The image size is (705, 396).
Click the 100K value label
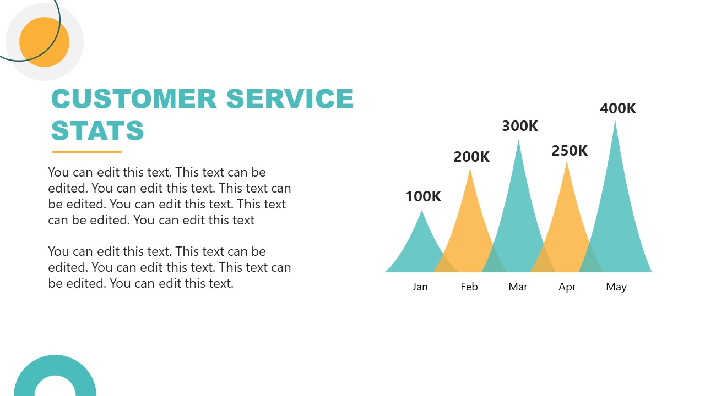pyautogui.click(x=424, y=196)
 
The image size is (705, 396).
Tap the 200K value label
pyautogui.click(x=471, y=157)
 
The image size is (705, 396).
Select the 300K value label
pyautogui.click(x=520, y=126)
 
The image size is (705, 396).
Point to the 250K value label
pyautogui.click(x=570, y=151)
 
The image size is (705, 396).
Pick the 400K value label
pyautogui.click(x=618, y=108)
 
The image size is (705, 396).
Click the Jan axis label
pyautogui.click(x=420, y=287)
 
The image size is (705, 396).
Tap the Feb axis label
pyautogui.click(x=469, y=287)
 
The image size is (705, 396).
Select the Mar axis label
pyautogui.click(x=518, y=287)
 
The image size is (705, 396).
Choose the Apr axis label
pyautogui.click(x=567, y=287)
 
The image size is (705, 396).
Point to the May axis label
pyautogui.click(x=616, y=287)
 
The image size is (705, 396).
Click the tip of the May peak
pyautogui.click(x=615, y=120)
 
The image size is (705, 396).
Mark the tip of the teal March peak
pyautogui.click(x=518, y=139)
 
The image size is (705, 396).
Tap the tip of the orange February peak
pyautogui.click(x=470, y=168)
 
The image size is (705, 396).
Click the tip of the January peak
pyautogui.click(x=422, y=210)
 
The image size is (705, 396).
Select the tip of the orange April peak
pyautogui.click(x=567, y=161)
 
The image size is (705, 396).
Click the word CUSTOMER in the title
pyautogui.click(x=134, y=98)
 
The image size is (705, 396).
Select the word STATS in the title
pyautogui.click(x=97, y=130)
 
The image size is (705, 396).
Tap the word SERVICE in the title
pyautogui.click(x=290, y=98)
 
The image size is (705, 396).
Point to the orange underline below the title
pyautogui.click(x=87, y=152)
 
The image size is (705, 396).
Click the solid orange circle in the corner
pyautogui.click(x=45, y=42)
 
